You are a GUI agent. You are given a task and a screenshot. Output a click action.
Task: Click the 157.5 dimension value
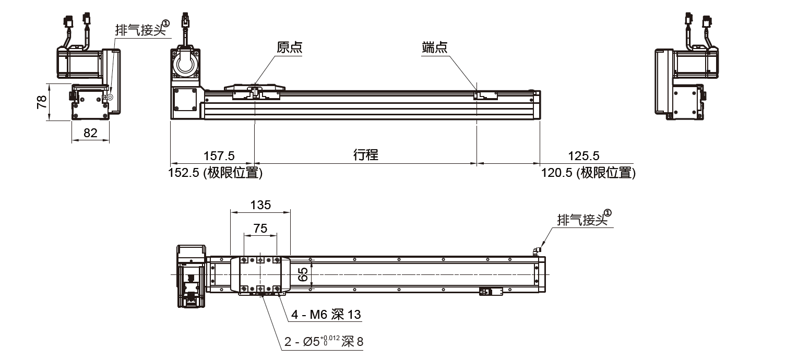[x=219, y=155]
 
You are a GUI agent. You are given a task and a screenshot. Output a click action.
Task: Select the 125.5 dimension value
[x=584, y=155]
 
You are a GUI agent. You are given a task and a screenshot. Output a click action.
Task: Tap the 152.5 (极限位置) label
[x=215, y=173]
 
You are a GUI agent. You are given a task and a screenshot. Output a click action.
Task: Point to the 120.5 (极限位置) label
[x=589, y=173]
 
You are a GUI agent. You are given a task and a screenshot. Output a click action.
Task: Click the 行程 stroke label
[x=365, y=154]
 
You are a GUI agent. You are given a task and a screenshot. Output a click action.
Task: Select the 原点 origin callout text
[x=290, y=48]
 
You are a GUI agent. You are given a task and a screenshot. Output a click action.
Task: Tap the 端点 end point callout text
[x=435, y=48]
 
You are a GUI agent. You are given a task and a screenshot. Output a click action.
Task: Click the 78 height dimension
[x=42, y=102]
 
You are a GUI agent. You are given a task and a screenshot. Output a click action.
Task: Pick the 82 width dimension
[x=90, y=133]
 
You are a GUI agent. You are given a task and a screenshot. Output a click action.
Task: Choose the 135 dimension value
[x=260, y=205]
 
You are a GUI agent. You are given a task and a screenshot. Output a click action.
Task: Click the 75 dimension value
[x=260, y=228]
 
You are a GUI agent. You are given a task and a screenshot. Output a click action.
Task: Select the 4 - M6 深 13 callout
[x=326, y=315]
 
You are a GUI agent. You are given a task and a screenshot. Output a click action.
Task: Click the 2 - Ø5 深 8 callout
[x=324, y=342]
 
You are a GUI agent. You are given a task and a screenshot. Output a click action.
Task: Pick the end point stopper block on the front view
[x=485, y=95]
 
